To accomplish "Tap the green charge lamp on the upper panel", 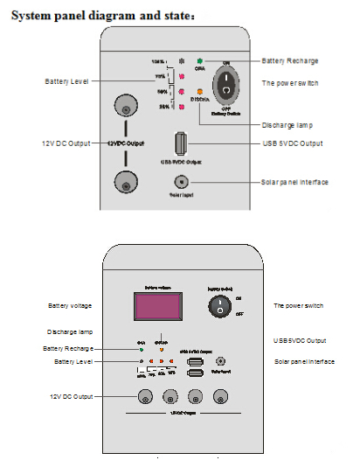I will pyautogui.click(x=199, y=61).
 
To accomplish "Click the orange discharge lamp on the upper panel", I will pyautogui.click(x=199, y=91).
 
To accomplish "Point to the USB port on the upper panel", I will pyautogui.click(x=180, y=143).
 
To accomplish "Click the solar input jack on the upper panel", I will pyautogui.click(x=181, y=181).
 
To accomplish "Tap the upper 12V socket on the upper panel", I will pyautogui.click(x=127, y=110).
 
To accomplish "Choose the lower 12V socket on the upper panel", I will pyautogui.click(x=127, y=181).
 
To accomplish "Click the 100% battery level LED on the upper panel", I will pyautogui.click(x=181, y=61).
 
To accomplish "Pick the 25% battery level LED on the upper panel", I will pyautogui.click(x=181, y=107).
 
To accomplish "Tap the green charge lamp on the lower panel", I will pyautogui.click(x=141, y=350).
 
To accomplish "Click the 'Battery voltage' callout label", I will pyautogui.click(x=69, y=305).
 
